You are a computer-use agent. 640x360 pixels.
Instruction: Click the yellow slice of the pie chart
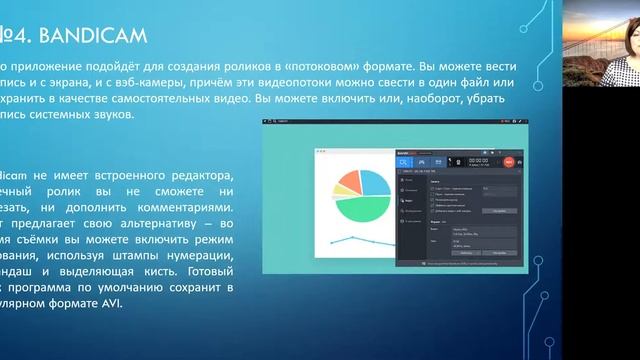coord(346,177)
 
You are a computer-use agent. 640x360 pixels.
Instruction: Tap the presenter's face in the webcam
coord(609,34)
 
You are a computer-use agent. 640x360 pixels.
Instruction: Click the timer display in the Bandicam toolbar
coord(479,159)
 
